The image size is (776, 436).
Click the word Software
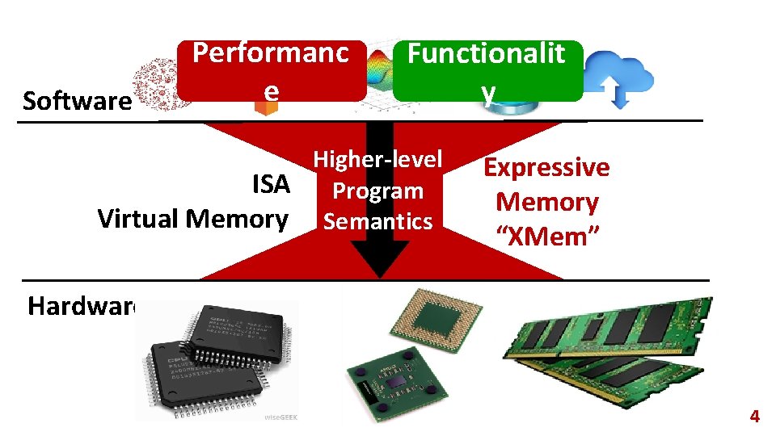click(x=77, y=102)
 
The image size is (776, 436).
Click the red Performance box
click(x=271, y=71)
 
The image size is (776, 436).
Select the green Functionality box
click(x=487, y=71)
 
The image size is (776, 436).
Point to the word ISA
click(x=271, y=185)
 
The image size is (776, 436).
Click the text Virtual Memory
click(x=192, y=219)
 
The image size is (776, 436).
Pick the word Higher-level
click(x=377, y=159)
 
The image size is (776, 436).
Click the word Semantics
click(x=377, y=221)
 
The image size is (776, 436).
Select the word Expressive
click(x=546, y=168)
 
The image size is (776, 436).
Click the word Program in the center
click(x=377, y=191)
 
